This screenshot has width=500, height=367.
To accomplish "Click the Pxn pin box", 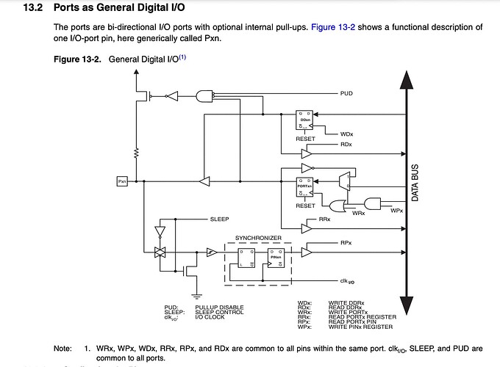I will [x=122, y=180].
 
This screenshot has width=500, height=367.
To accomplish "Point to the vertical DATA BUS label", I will [x=415, y=183].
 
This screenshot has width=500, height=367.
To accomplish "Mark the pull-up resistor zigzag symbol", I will [x=135, y=153].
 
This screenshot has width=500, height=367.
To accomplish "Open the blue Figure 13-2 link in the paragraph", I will [x=335, y=27].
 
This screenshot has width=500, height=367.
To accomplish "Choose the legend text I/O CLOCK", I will [x=211, y=317].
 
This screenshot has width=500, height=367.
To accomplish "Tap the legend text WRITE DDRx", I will [x=346, y=302].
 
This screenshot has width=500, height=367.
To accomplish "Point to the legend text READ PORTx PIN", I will [x=353, y=322].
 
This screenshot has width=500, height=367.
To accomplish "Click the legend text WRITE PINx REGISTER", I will [x=361, y=327].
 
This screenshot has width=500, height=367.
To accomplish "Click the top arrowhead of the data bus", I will [x=403, y=78].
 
